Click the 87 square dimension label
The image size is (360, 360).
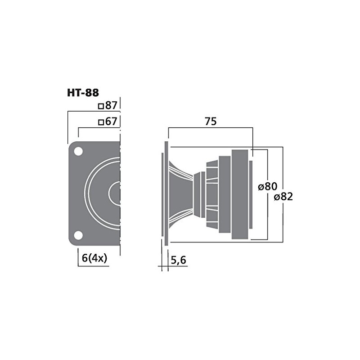tap(111, 106)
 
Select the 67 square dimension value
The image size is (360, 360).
tap(111, 121)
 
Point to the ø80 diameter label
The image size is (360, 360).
tap(268, 185)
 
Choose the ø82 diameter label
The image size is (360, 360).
tap(282, 196)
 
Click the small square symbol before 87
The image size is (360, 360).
tap(101, 106)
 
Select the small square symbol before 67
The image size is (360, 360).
tap(101, 122)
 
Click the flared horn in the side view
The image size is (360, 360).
tap(180, 193)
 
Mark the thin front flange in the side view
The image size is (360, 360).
tap(166, 193)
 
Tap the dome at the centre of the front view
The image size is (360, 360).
tap(115, 193)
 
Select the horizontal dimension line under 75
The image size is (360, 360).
tap(211, 128)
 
